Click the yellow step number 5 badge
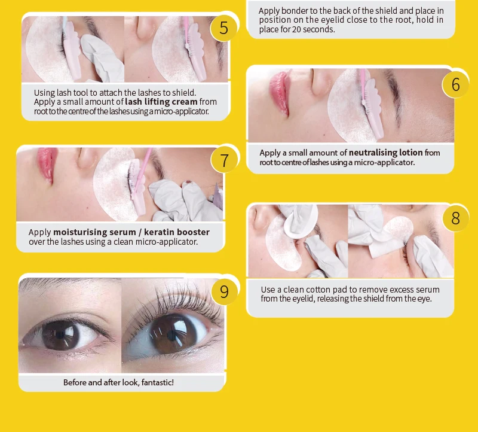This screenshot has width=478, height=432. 223,28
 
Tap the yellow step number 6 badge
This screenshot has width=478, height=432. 455,84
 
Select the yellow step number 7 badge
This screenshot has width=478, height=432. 224,160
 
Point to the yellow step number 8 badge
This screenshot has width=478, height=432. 455,218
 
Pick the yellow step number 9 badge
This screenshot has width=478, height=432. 224,291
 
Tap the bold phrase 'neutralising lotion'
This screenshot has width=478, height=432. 385,153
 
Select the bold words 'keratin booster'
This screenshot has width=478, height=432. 177,232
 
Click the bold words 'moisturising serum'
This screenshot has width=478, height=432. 94,232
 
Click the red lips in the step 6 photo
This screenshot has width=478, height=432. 279,93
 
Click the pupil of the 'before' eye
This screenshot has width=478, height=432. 60,335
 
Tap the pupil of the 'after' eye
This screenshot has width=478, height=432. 172,336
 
